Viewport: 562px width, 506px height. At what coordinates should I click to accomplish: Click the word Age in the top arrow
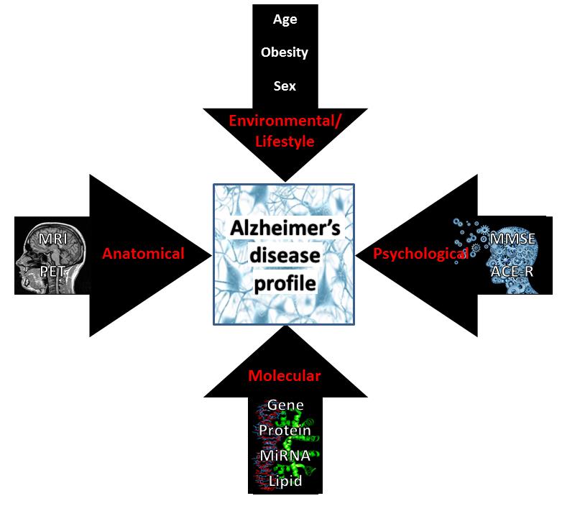(x=285, y=19)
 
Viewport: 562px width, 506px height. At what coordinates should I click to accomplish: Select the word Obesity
(x=285, y=52)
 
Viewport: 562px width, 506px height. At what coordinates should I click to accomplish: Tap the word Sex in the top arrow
(x=285, y=86)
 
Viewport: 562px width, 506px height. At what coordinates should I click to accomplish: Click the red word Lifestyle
(x=285, y=142)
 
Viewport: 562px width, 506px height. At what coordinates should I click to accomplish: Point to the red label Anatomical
(x=143, y=253)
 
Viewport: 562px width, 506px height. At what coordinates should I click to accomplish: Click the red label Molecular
(x=285, y=375)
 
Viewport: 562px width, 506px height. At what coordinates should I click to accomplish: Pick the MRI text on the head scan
(x=55, y=238)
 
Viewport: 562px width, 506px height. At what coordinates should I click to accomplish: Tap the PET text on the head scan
(x=55, y=272)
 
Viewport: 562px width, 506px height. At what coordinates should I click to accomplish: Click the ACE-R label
(x=511, y=272)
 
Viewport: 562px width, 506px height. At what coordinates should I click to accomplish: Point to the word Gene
(x=285, y=405)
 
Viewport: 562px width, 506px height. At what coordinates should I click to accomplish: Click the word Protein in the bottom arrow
(x=285, y=431)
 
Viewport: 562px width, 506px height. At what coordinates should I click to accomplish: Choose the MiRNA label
(x=285, y=456)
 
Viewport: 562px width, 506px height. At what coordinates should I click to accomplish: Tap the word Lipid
(x=285, y=481)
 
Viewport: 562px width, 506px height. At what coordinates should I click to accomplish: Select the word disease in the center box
(x=285, y=257)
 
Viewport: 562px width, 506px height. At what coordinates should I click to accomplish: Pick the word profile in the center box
(x=285, y=284)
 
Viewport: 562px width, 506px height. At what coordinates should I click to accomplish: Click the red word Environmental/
(x=285, y=120)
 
